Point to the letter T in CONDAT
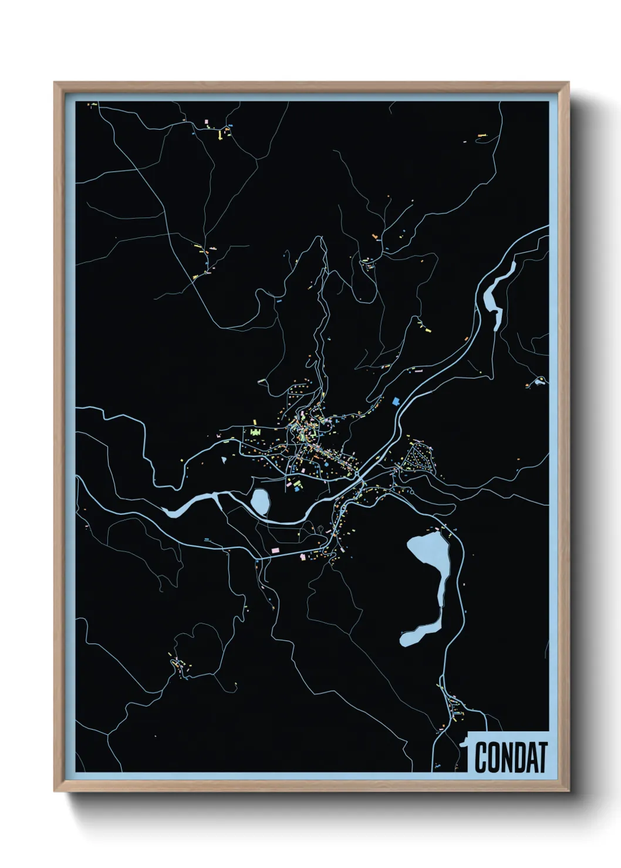pyautogui.click(x=542, y=757)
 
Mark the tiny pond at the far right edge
pyautogui.click(x=539, y=384)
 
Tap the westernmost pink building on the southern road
pyautogui.click(x=274, y=550)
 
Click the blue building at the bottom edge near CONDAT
pyautogui.click(x=438, y=765)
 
